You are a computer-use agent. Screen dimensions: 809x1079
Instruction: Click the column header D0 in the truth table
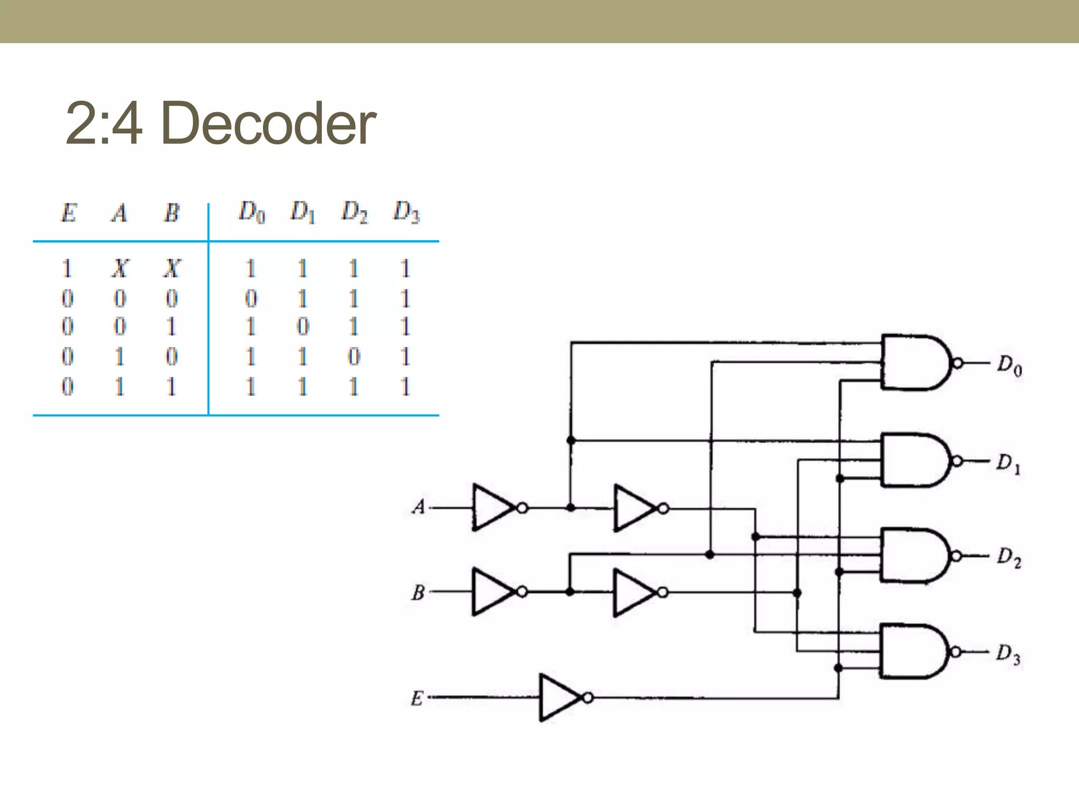pos(252,212)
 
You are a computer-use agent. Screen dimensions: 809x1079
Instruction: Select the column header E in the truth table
pos(68,213)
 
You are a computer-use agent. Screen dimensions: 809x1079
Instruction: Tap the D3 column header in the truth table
pos(406,212)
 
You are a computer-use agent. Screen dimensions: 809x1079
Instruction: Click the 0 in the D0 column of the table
pos(251,299)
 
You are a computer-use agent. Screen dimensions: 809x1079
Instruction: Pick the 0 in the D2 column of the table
pos(354,357)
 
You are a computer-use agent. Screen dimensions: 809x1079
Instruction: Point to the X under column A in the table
pos(120,269)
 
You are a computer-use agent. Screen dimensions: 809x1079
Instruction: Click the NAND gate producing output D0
pos(914,362)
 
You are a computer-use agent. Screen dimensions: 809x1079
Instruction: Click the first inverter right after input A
pos(494,508)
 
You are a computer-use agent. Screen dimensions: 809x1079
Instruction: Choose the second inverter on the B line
pos(635,593)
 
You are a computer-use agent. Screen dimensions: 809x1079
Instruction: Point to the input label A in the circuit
pos(418,507)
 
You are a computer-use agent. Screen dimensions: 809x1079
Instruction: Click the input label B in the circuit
pos(418,593)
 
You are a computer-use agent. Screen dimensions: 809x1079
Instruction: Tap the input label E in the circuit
pos(417,698)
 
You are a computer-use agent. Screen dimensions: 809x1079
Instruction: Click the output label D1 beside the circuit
pos(1008,463)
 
